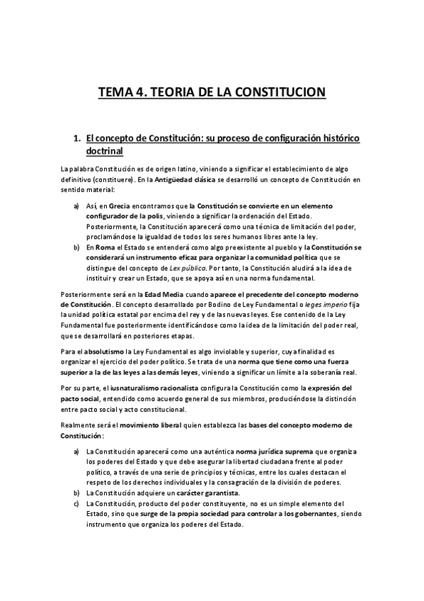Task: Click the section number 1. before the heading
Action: click(78, 138)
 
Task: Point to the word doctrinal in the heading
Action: click(104, 151)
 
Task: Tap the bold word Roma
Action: click(105, 247)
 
